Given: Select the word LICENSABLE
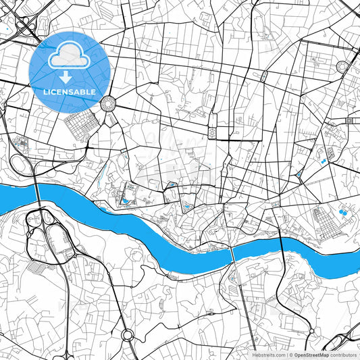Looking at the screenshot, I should (x=70, y=91).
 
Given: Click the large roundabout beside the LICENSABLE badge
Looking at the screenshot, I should (x=107, y=103).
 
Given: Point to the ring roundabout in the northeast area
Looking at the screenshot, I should (x=342, y=66).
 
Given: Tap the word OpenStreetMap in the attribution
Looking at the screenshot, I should (x=311, y=355).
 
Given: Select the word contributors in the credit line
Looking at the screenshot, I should (x=344, y=355).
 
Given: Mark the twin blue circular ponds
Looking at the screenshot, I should (x=344, y=213).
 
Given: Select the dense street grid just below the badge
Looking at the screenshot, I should (x=82, y=124).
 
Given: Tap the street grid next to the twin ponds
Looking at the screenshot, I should (x=322, y=220).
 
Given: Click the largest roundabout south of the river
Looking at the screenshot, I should (x=127, y=334).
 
